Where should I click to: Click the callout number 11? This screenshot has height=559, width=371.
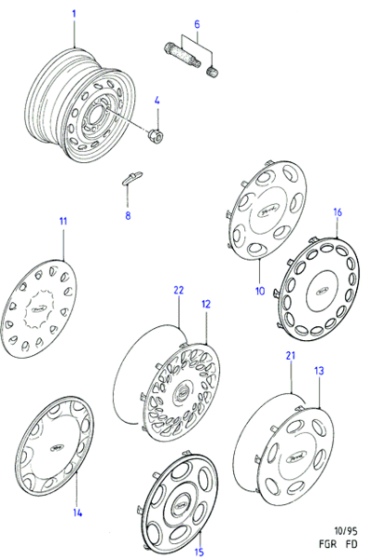point(63,221)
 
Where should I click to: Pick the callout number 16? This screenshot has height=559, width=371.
point(337,212)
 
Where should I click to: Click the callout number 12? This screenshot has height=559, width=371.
point(205,304)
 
